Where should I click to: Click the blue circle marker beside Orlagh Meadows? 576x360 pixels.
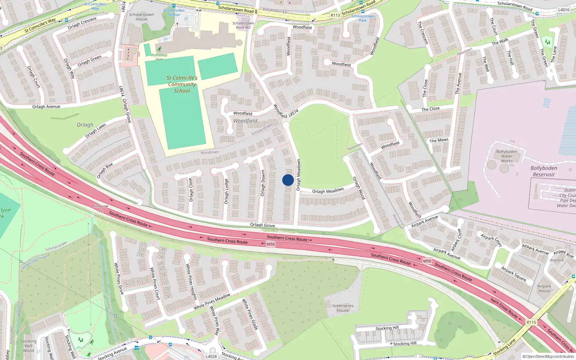(288, 180)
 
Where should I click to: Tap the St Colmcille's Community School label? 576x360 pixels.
(182, 84)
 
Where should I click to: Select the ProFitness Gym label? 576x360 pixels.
(159, 57)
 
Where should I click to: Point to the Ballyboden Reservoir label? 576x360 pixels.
(544, 171)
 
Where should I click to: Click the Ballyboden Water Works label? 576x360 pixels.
(507, 156)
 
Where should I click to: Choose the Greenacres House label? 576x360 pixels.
(343, 308)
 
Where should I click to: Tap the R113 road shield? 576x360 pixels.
(335, 15)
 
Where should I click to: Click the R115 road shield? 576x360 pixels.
(531, 322)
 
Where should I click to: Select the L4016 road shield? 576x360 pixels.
(563, 10)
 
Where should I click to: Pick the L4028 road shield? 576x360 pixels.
(211, 356)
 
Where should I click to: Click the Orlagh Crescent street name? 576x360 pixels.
(82, 23)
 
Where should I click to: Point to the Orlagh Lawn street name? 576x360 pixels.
(96, 130)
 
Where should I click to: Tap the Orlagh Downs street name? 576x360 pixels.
(263, 183)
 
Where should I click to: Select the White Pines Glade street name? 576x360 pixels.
(250, 314)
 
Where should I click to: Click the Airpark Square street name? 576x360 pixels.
(514, 274)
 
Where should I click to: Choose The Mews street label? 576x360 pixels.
(439, 140)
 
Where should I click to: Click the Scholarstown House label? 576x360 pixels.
(141, 17)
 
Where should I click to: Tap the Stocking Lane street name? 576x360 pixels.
(504, 347)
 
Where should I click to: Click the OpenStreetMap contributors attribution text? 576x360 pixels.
(548, 356)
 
